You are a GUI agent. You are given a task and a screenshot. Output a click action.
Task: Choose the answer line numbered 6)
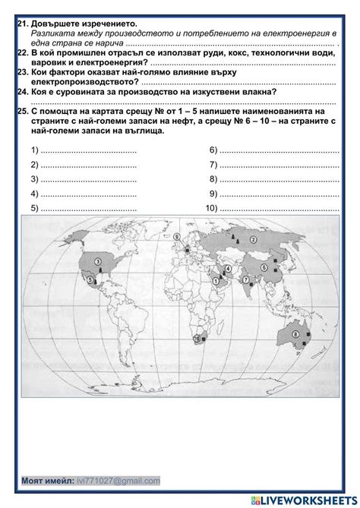(278, 149)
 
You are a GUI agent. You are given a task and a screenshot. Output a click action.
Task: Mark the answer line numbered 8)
(278, 179)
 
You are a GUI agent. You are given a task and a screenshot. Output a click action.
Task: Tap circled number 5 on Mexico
(91, 279)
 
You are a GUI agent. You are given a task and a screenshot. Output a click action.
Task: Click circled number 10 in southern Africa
(198, 339)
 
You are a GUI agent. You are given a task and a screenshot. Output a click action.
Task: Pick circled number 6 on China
(265, 267)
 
